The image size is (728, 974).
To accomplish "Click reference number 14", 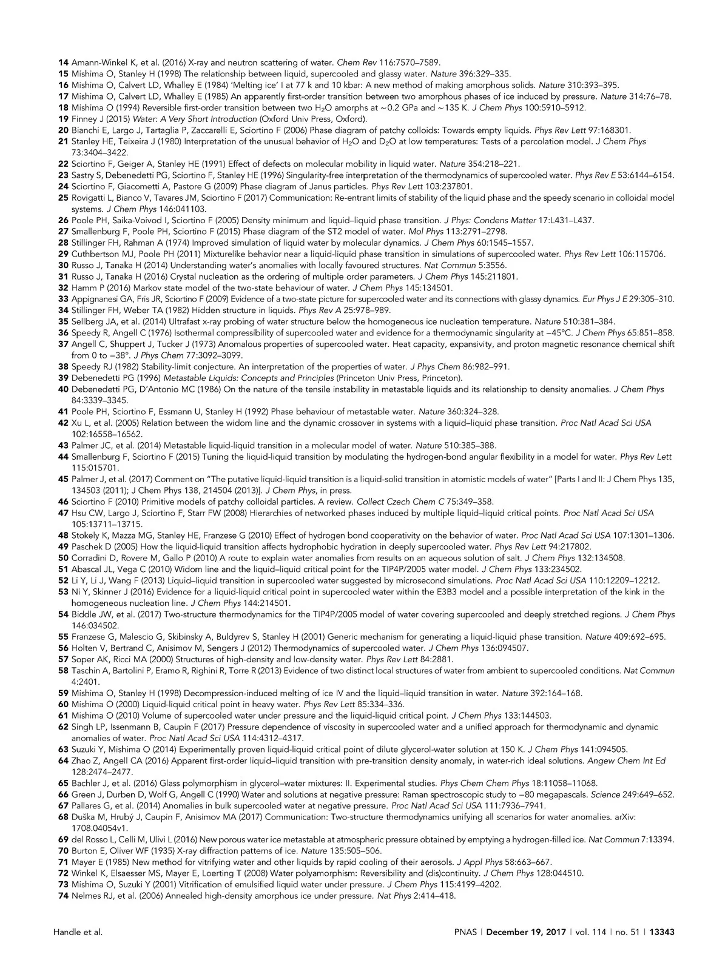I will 63,62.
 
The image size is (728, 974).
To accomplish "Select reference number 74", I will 63,896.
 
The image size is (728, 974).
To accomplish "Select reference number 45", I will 63,479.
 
